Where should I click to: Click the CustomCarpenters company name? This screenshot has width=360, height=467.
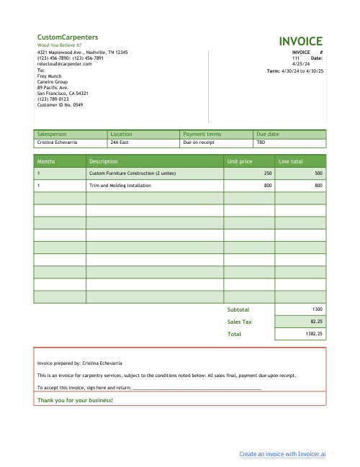tap(68, 37)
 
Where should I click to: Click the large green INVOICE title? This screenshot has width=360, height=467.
tap(301, 41)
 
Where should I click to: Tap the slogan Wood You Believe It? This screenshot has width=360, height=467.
tap(59, 45)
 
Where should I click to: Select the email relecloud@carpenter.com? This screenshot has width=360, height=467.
tap(65, 64)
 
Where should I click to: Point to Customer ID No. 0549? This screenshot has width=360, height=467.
tap(60, 105)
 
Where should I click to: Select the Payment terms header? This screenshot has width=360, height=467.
tap(202, 134)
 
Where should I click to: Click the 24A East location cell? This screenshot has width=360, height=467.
tap(120, 142)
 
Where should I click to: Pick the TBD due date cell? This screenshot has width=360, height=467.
tap(261, 142)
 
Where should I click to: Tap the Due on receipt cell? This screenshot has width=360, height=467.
tap(199, 142)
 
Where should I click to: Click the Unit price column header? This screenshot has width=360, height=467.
tap(240, 161)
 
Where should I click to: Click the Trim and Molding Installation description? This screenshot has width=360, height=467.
tap(120, 186)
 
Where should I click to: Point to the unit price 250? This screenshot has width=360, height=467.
tap(268, 173)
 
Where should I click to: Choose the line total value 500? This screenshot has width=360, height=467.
tap(318, 173)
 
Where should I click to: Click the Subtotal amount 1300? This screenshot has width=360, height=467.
tap(318, 309)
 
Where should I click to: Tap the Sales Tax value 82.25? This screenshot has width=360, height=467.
tap(316, 322)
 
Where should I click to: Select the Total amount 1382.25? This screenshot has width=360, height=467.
tap(315, 334)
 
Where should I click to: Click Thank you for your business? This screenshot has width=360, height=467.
tap(75, 399)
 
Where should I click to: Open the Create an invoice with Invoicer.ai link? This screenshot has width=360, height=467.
tap(283, 454)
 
